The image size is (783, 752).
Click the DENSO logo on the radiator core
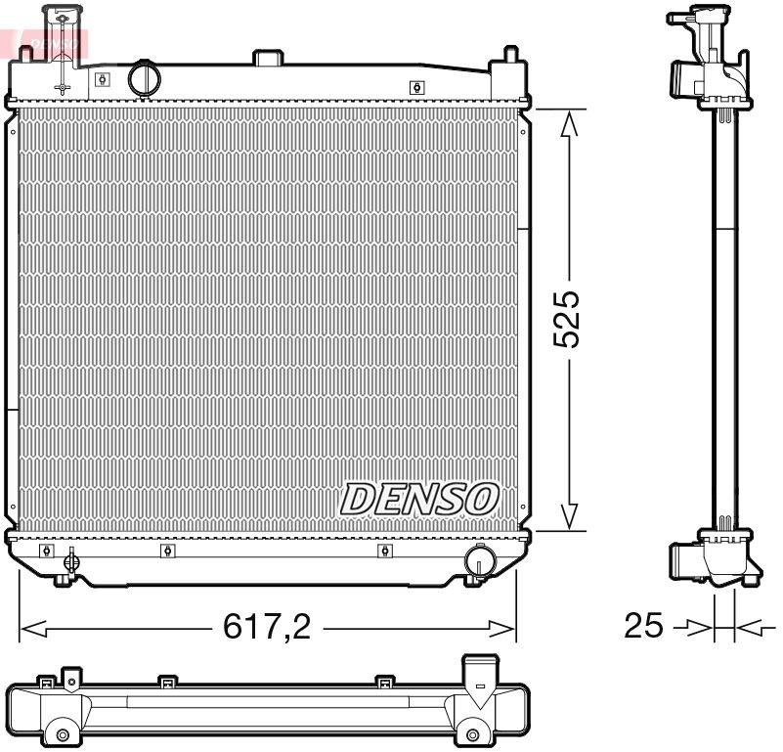pyautogui.click(x=419, y=499)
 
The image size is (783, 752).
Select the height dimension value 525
pyautogui.click(x=567, y=319)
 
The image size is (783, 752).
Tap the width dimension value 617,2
pyautogui.click(x=267, y=627)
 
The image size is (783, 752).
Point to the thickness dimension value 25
pyautogui.click(x=643, y=625)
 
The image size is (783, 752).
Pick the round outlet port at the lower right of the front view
pyautogui.click(x=479, y=560)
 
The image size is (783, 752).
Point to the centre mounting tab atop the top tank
pyautogui.click(x=268, y=58)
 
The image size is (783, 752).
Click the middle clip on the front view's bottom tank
pyautogui.click(x=165, y=551)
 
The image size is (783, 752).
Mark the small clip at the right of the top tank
pyautogui.click(x=416, y=87)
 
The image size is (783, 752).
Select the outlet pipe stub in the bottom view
pyautogui.click(x=479, y=680)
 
